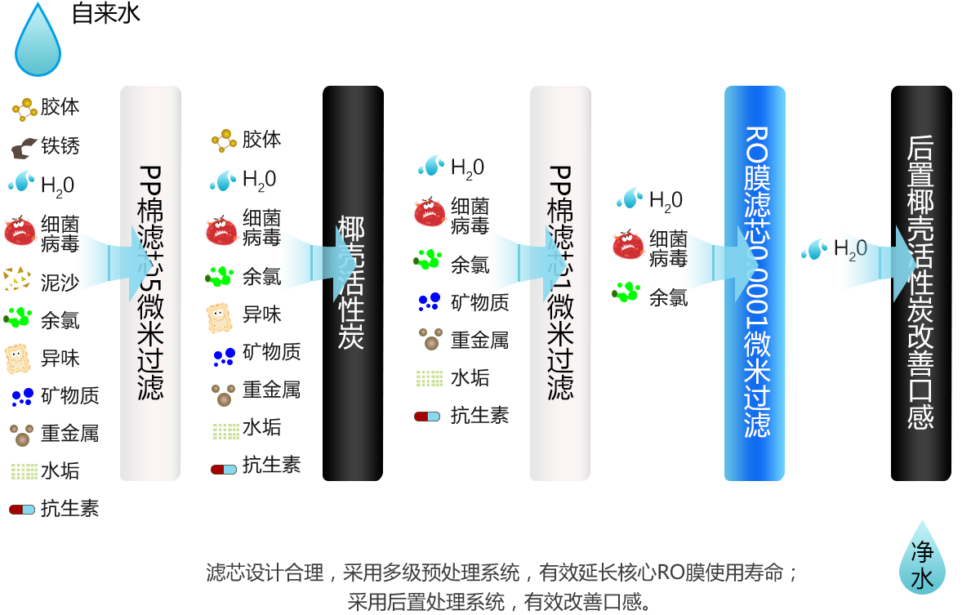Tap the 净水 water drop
pos(922,562)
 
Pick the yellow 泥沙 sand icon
pos(17,279)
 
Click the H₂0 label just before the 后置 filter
pos(850,248)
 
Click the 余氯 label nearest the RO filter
pos(668,297)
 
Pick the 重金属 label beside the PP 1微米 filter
pos(479,341)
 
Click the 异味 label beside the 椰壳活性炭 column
pos(262,315)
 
